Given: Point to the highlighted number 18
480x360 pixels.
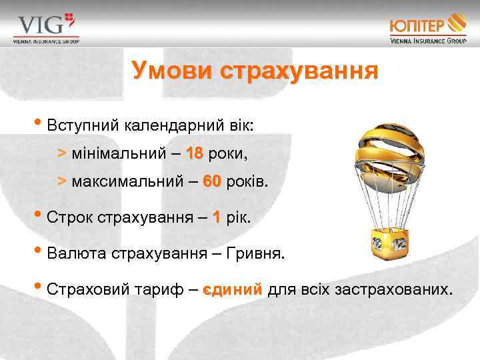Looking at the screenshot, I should pos(195,154).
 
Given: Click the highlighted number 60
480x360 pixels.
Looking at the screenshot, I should pos(211,182).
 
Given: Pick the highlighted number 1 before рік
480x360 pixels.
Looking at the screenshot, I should pos(215,217).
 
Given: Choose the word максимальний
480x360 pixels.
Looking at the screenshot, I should pos(126,182).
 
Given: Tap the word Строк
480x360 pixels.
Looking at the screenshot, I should pos(71,217).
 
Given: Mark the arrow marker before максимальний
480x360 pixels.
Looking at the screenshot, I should pos(61,182).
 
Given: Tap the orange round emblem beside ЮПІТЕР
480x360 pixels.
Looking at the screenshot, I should pos(457,23).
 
